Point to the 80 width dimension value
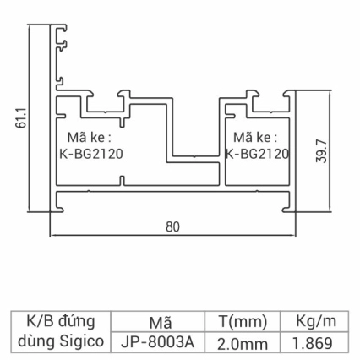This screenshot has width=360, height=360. [173, 226]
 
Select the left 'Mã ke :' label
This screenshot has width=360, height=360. [88, 137]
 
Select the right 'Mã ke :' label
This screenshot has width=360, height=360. [254, 137]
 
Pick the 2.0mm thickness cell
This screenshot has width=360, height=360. [243, 343]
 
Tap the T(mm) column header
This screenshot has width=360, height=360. [243, 322]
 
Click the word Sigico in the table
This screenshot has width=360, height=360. [82, 342]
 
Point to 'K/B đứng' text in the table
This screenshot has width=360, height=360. [62, 321]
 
